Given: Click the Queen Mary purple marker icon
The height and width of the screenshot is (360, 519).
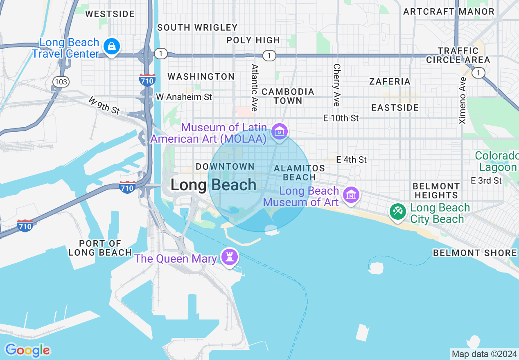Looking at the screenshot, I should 229,256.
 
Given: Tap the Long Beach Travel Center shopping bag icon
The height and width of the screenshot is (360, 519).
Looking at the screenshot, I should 111,46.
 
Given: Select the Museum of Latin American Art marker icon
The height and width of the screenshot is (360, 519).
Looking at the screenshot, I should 280,131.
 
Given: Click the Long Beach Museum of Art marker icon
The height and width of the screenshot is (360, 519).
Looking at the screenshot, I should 351,195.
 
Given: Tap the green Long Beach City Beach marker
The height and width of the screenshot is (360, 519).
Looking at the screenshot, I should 397,211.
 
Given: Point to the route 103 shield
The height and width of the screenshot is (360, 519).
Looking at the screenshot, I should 61,82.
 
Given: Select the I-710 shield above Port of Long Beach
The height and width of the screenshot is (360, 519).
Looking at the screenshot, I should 127,187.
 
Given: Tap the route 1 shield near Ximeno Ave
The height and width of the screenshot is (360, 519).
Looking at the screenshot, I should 478,73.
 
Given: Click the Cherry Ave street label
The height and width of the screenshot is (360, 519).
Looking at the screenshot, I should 336,85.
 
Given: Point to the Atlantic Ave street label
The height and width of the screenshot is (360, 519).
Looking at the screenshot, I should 255,88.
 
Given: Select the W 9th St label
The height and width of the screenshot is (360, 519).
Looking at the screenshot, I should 104,105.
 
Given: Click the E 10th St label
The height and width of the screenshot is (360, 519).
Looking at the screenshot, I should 341,118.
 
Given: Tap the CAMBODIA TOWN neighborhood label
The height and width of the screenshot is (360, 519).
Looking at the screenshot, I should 288,96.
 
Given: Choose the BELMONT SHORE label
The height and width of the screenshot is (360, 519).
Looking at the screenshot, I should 475,253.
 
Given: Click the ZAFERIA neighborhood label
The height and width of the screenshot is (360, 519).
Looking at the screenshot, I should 390,81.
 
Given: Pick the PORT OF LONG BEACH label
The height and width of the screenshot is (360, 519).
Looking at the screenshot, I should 100,248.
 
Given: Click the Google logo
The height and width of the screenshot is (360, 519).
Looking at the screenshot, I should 27,350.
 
